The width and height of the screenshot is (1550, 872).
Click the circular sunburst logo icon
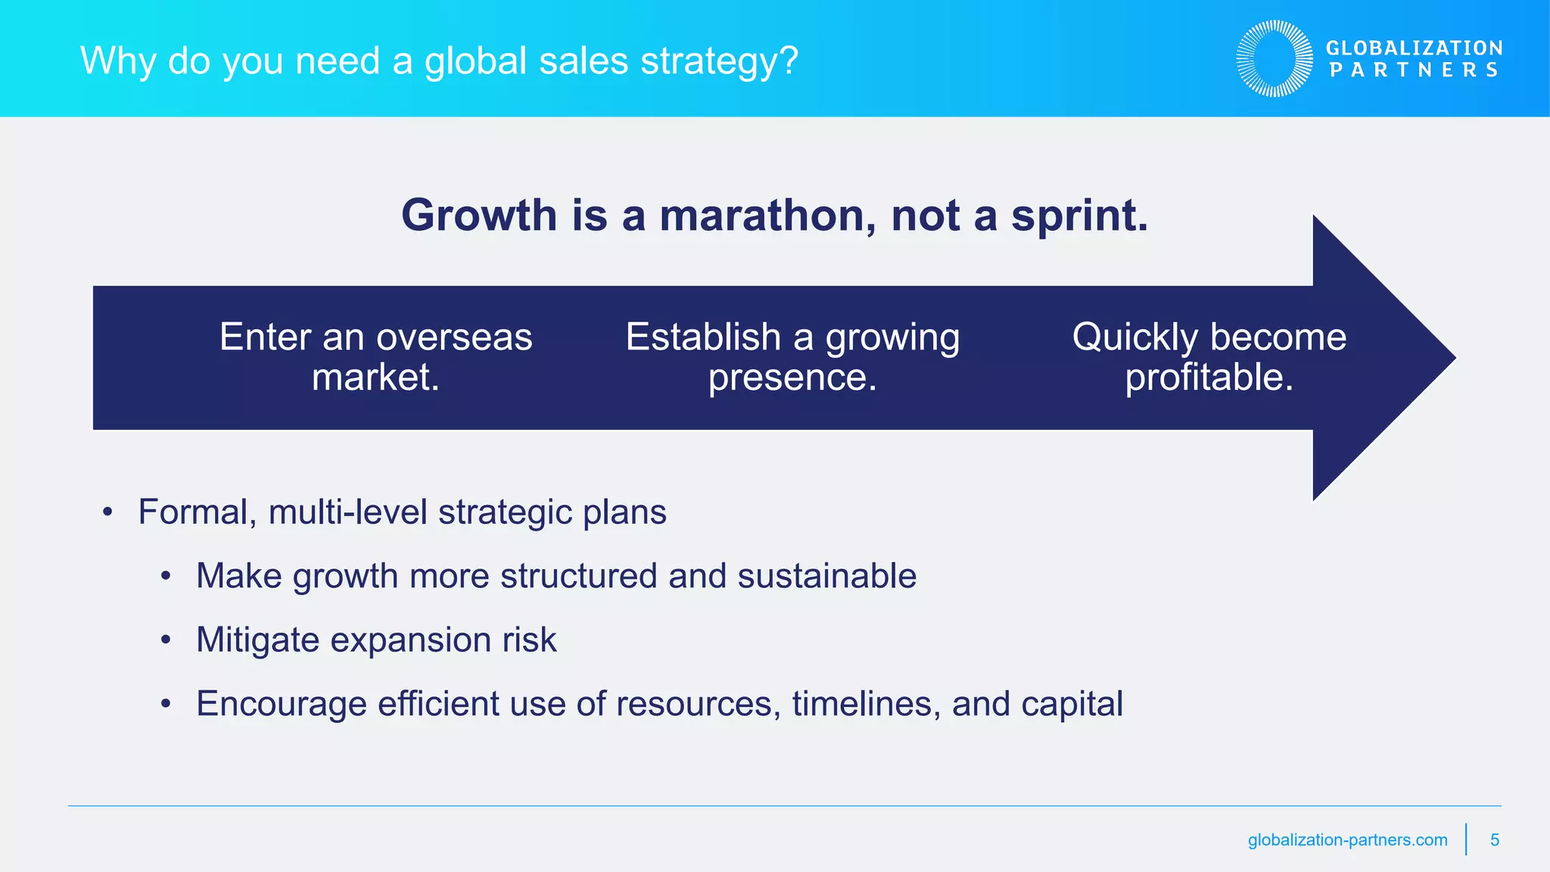[x=1275, y=59]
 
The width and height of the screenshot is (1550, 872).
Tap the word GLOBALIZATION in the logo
[x=1414, y=48]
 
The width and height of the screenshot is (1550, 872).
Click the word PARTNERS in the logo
[x=1414, y=70]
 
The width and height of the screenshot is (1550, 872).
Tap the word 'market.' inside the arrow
[x=375, y=378]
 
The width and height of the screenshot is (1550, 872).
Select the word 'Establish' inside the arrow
[x=703, y=338]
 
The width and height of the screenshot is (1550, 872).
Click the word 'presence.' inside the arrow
[x=792, y=378]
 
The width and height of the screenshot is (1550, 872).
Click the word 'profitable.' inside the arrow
[x=1209, y=378]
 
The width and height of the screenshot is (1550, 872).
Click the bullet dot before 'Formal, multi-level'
[x=107, y=512]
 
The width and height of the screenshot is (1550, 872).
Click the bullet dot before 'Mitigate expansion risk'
[x=166, y=640]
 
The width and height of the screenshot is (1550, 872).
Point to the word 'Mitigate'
[x=258, y=640]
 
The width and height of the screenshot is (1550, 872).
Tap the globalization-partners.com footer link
[x=1347, y=840]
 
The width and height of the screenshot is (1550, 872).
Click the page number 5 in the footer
[x=1494, y=840]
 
